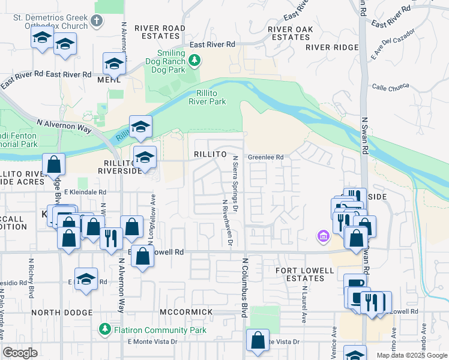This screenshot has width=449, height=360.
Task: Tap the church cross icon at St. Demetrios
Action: click(x=97, y=22)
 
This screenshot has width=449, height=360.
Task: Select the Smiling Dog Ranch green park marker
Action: click(x=194, y=60)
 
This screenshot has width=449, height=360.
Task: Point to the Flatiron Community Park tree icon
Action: click(x=104, y=329)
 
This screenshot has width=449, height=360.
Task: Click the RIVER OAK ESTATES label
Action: click(x=289, y=32)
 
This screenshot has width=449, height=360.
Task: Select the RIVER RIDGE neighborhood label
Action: click(x=331, y=47)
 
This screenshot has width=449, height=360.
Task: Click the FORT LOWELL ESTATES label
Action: click(x=304, y=274)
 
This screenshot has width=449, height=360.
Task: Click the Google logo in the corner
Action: click(x=20, y=353)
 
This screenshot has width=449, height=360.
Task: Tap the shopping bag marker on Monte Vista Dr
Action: click(x=258, y=340)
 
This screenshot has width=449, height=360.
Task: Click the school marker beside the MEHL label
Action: click(x=113, y=63)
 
